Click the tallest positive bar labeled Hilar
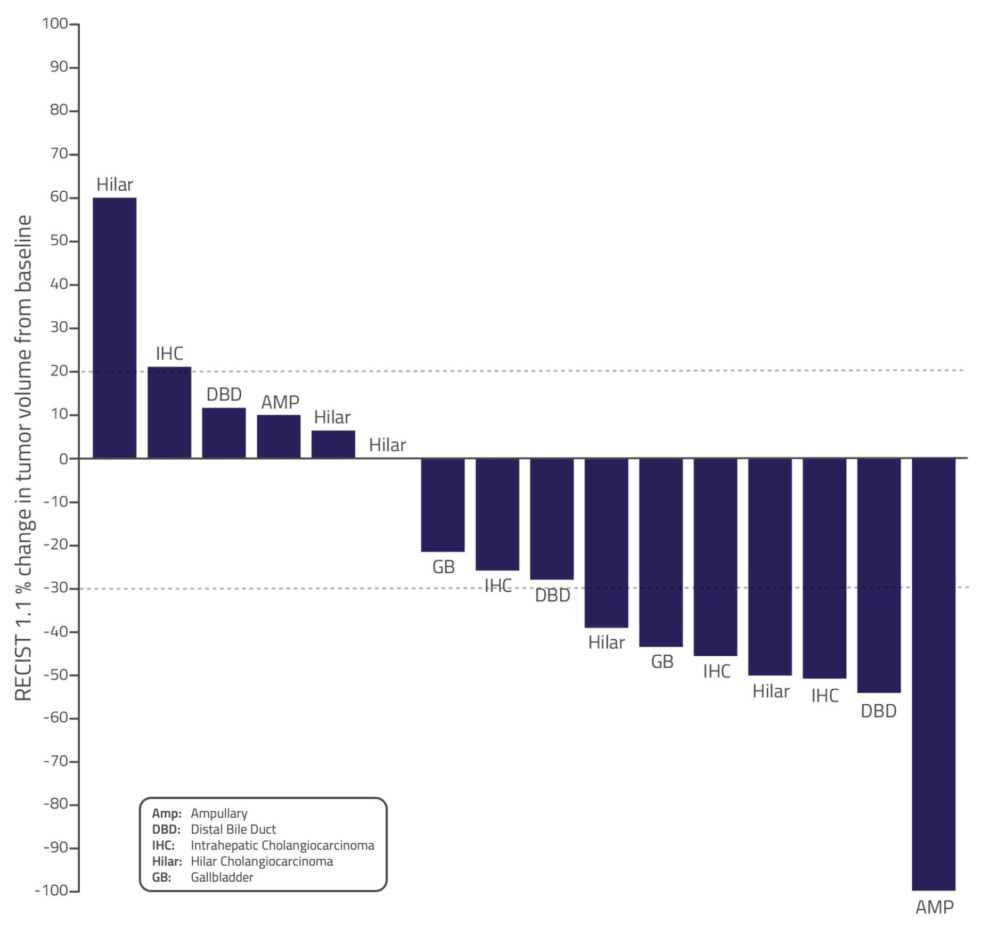[114, 328]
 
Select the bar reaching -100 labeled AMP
[933, 674]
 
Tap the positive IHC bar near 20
[169, 413]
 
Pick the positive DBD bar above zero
[224, 433]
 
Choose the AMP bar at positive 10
[279, 437]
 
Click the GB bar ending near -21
[443, 505]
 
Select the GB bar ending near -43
[661, 552]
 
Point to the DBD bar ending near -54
[879, 575]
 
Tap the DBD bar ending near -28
[552, 519]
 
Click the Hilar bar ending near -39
[606, 543]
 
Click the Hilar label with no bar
[387, 445]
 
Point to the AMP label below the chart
[934, 907]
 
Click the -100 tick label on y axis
[52, 891]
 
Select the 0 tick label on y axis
[63, 459]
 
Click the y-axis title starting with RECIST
[24, 458]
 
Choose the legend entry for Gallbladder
[222, 877]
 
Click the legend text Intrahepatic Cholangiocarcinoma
[282, 845]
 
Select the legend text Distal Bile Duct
[233, 829]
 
